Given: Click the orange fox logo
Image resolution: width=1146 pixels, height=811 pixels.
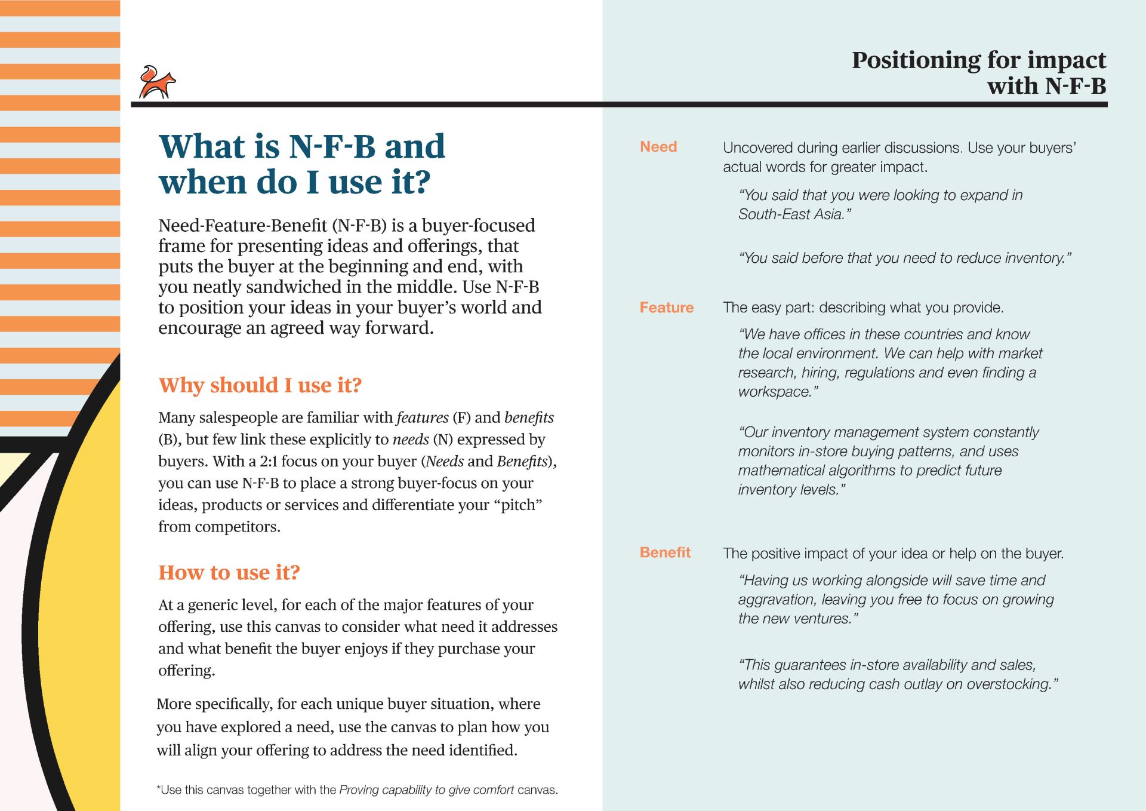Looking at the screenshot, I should (x=157, y=82).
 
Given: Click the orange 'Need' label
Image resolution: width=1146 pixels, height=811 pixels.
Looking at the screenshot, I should (x=658, y=147).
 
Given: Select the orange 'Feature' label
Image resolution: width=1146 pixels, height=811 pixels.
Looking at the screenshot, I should (x=667, y=308).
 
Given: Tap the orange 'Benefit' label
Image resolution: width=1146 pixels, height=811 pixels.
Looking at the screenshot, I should (x=665, y=552).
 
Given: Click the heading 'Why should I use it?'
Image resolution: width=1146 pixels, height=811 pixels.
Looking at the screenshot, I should (x=260, y=385).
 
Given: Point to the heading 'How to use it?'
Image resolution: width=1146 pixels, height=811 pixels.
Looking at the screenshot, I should (x=229, y=573).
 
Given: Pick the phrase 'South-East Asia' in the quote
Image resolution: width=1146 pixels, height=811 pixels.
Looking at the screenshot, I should (x=790, y=214).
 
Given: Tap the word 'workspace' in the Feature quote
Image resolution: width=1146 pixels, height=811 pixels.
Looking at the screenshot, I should (x=774, y=392).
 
